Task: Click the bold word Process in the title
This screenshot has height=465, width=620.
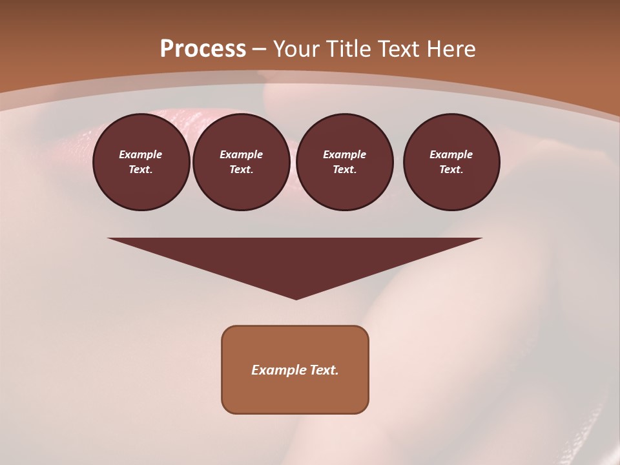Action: [x=203, y=49]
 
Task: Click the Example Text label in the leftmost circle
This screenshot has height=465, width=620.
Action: [x=141, y=162]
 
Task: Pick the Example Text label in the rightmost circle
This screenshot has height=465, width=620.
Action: [x=451, y=162]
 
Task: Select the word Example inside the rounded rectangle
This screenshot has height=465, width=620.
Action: [x=278, y=370]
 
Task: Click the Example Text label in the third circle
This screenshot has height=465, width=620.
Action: [x=344, y=162]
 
